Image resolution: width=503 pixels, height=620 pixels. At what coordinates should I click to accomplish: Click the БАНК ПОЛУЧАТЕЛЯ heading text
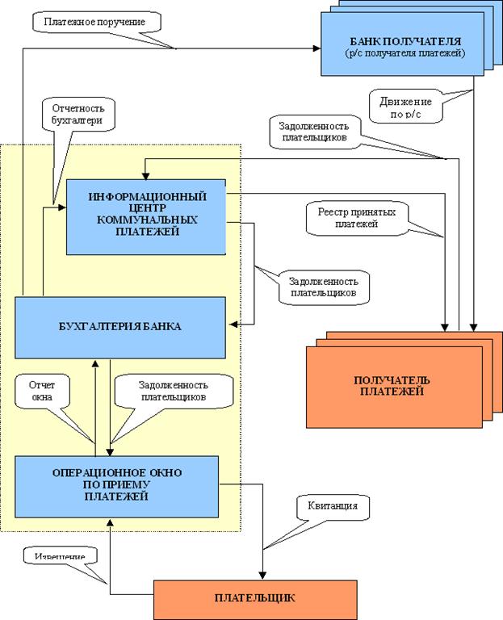pyautogui.click(x=407, y=40)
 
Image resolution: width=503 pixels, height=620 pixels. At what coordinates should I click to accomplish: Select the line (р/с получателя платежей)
pyautogui.click(x=407, y=53)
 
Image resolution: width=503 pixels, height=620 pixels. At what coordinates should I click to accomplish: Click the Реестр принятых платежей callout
pyautogui.click(x=356, y=218)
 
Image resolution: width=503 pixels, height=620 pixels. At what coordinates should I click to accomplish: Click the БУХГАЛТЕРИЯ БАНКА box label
pyautogui.click(x=120, y=326)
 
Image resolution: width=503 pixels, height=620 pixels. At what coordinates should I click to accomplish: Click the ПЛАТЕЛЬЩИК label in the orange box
pyautogui.click(x=255, y=598)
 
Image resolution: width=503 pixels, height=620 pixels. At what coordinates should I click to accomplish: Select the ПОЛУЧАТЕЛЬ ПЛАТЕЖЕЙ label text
pyautogui.click(x=392, y=386)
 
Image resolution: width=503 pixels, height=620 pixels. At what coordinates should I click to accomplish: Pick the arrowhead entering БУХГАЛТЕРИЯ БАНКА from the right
pyautogui.click(x=232, y=325)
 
